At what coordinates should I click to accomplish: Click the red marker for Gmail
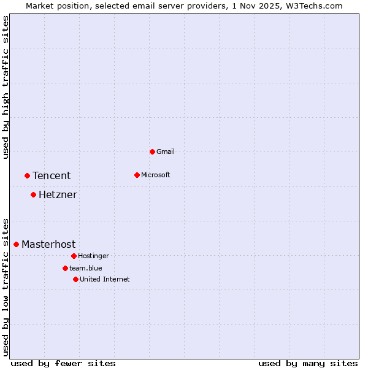(x=152, y=151)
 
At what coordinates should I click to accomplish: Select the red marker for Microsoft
(x=137, y=175)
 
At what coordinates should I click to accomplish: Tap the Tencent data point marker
(x=27, y=175)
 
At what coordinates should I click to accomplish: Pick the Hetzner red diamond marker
(x=33, y=195)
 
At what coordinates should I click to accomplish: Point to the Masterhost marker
(x=16, y=244)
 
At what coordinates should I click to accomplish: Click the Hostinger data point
(x=74, y=256)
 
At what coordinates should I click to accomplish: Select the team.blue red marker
(x=65, y=268)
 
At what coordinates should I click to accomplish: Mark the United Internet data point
(x=75, y=279)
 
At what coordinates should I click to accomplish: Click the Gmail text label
(x=166, y=151)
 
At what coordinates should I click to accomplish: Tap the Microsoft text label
(x=156, y=175)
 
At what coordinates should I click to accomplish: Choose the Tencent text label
(x=52, y=175)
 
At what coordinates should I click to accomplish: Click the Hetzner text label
(x=58, y=195)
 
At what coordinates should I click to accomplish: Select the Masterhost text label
(x=48, y=244)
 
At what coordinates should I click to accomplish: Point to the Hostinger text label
(x=93, y=256)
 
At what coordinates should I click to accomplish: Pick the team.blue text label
(x=86, y=268)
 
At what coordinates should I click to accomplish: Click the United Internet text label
(x=105, y=279)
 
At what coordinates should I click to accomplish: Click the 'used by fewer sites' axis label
(x=63, y=363)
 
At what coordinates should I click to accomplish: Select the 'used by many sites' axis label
(x=308, y=363)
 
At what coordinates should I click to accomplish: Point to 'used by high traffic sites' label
(x=6, y=87)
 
